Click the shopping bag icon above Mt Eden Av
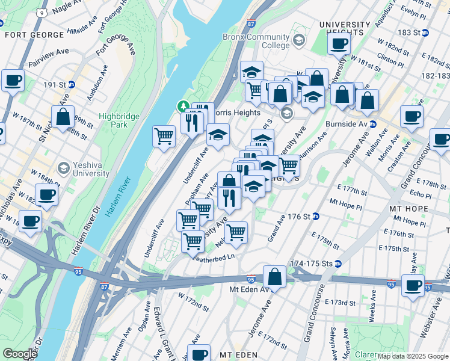[274, 277]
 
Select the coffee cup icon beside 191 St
[13, 81]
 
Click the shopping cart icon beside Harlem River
[164, 136]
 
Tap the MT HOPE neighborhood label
[408, 209]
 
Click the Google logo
[20, 354]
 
